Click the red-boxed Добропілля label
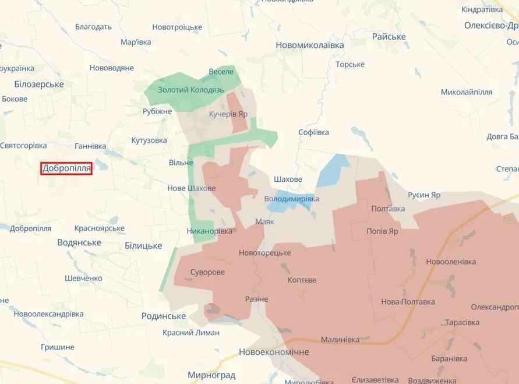pos(66,168)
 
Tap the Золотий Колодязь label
pos(191,90)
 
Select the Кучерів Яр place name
pos(228,114)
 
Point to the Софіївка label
pos(313,132)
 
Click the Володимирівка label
pos(292,199)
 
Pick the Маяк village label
pos(264,221)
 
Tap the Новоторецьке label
pos(264,253)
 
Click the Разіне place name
pos(256,299)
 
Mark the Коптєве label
pos(302,280)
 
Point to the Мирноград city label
pos(211,375)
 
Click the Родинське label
pos(164,316)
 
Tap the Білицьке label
pos(143,246)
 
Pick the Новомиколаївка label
pos(309,45)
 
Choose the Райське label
pos(389,37)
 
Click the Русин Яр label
pos(425,195)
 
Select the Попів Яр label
pos(382,231)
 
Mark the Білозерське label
pos(39,84)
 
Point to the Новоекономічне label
pos(274,353)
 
